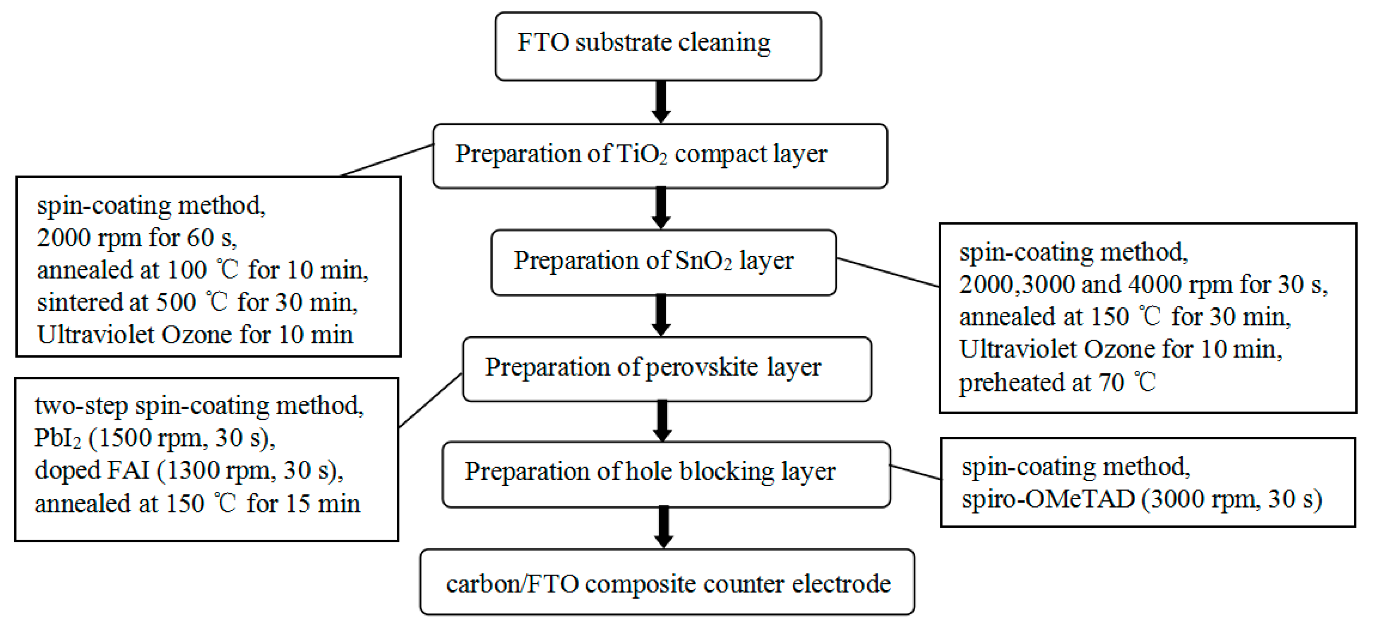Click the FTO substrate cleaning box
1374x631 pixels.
[658, 47]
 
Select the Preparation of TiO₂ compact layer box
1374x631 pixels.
[660, 156]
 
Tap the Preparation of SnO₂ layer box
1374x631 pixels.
[663, 263]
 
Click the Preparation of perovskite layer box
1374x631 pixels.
[667, 368]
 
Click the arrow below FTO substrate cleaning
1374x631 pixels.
[661, 102]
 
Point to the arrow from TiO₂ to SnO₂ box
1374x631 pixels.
[661, 208]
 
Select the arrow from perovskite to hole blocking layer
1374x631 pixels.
[662, 420]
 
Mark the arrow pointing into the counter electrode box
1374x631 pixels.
[663, 526]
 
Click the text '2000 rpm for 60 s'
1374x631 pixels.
[137, 238]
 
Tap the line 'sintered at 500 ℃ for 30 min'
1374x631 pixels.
[197, 303]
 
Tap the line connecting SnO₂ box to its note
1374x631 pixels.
[888, 273]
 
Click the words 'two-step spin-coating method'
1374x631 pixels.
[199, 406]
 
